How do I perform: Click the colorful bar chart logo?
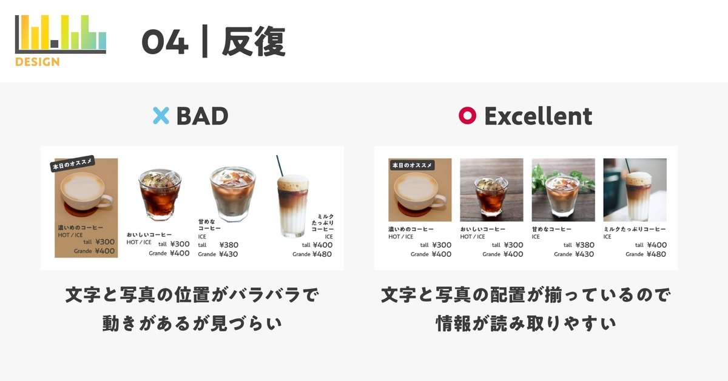(61, 34)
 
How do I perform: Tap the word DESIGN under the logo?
(38, 62)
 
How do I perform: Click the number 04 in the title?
(165, 42)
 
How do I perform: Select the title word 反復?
(254, 42)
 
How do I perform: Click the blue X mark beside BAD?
(161, 116)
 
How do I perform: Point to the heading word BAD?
(202, 116)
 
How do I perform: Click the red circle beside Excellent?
(467, 115)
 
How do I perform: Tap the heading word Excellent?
(538, 116)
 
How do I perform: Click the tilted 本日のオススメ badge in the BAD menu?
(72, 163)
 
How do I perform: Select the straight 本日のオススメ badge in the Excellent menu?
(412, 165)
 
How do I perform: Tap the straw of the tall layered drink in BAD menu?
(280, 166)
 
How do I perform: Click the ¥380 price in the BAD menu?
(229, 245)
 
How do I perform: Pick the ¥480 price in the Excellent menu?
(656, 254)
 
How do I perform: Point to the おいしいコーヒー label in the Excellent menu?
(483, 229)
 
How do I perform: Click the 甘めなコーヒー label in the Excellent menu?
(551, 229)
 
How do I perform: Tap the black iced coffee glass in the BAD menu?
(160, 194)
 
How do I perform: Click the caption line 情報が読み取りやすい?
(526, 323)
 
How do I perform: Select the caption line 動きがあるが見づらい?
(192, 323)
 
